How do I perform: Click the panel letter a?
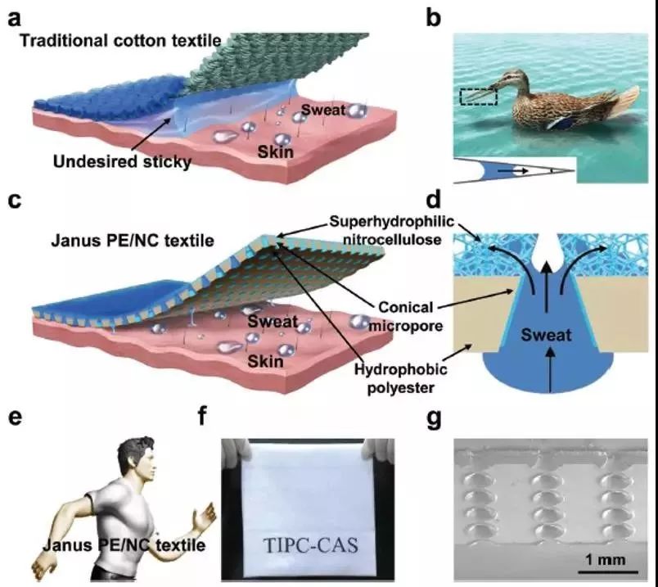[14, 19]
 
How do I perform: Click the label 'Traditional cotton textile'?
[120, 41]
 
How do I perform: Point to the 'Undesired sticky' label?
[122, 161]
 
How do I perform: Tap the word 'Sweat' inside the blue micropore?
[546, 335]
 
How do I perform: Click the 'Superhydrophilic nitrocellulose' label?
[392, 230]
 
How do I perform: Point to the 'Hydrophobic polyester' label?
[401, 378]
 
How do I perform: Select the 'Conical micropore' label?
[406, 316]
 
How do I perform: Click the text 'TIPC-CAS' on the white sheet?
[310, 545]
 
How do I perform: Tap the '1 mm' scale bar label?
[605, 560]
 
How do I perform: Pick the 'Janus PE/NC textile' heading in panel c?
[133, 241]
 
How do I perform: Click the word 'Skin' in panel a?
[275, 151]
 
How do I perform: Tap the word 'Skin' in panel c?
[266, 361]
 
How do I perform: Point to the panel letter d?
[434, 201]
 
